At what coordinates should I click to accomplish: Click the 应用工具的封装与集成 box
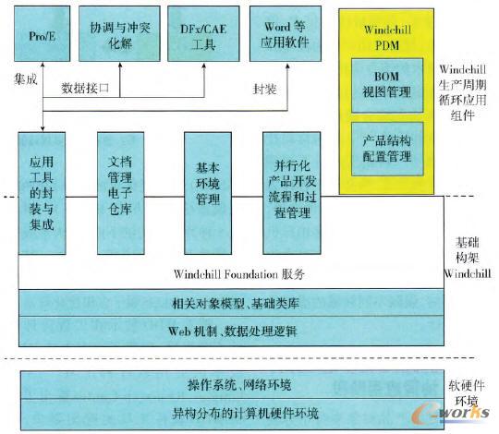(x=42, y=192)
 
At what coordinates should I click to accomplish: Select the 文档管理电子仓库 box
(x=120, y=192)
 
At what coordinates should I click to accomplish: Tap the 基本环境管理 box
(x=207, y=192)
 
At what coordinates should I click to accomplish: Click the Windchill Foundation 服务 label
(x=238, y=274)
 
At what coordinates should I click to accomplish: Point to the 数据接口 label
(x=84, y=89)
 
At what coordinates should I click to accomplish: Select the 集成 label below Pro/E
(x=28, y=81)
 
